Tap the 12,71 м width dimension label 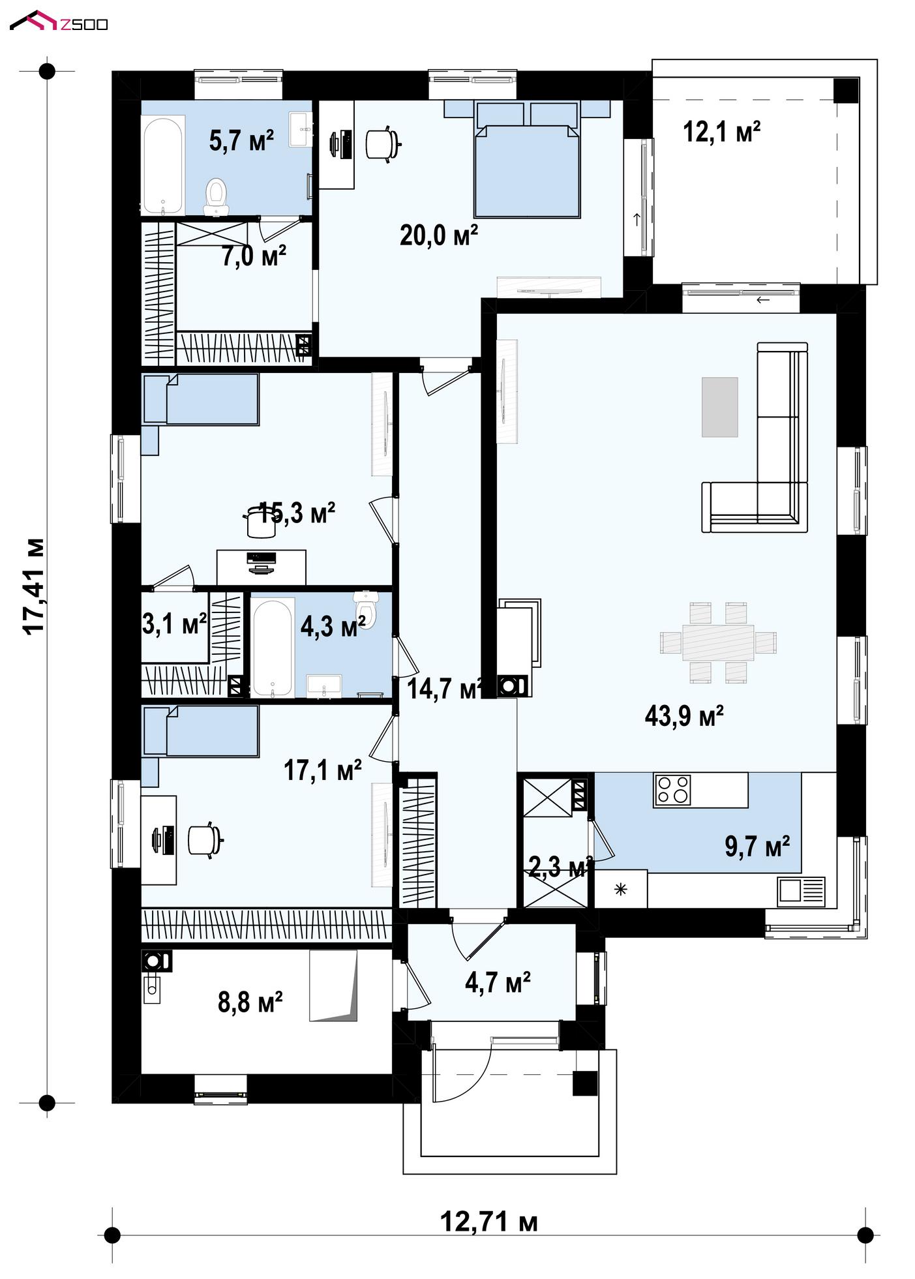[x=489, y=1221]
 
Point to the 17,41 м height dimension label [x=33, y=585]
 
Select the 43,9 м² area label [x=684, y=716]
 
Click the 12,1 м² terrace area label [x=721, y=132]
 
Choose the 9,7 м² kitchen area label [x=757, y=847]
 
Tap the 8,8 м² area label [x=250, y=1002]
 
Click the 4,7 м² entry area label [x=498, y=982]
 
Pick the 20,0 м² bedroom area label [x=439, y=235]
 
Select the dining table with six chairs [x=718, y=642]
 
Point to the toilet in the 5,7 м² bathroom [x=216, y=197]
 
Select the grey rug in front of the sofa [x=719, y=407]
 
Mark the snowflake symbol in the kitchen [x=620, y=888]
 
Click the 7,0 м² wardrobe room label [x=254, y=256]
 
